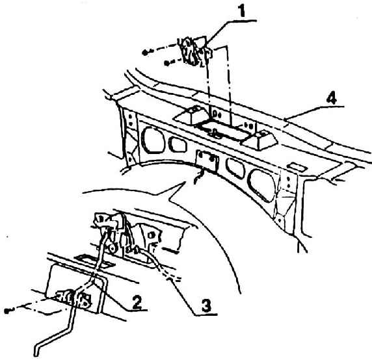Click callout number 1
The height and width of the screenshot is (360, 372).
pyautogui.click(x=241, y=10)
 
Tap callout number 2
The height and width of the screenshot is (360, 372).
pyautogui.click(x=137, y=302)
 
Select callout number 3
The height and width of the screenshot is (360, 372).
pyautogui.click(x=206, y=305)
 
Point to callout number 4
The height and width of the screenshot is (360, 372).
pyautogui.click(x=331, y=98)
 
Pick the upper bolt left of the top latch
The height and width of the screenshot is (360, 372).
pyautogui.click(x=145, y=52)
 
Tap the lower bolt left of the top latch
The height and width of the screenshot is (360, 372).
pyautogui.click(x=166, y=63)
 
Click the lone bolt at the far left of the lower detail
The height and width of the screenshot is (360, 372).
pyautogui.click(x=7, y=311)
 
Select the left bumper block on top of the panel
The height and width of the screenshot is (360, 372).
pyautogui.click(x=192, y=114)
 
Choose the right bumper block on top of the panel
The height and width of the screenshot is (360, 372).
pyautogui.click(x=259, y=139)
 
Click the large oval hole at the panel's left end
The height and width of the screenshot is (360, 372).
pyautogui.click(x=153, y=140)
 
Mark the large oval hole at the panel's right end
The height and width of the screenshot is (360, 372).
pyautogui.click(x=261, y=185)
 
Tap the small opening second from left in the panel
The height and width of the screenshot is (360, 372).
pyautogui.click(x=178, y=144)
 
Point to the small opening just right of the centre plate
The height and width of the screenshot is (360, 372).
pyautogui.click(x=235, y=168)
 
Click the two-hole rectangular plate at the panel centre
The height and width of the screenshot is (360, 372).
pyautogui.click(x=207, y=161)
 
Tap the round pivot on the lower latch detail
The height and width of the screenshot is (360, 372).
pyautogui.click(x=112, y=248)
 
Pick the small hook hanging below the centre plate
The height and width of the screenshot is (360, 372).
pyautogui.click(x=199, y=177)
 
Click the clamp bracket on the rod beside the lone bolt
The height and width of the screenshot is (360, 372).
pyautogui.click(x=74, y=299)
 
